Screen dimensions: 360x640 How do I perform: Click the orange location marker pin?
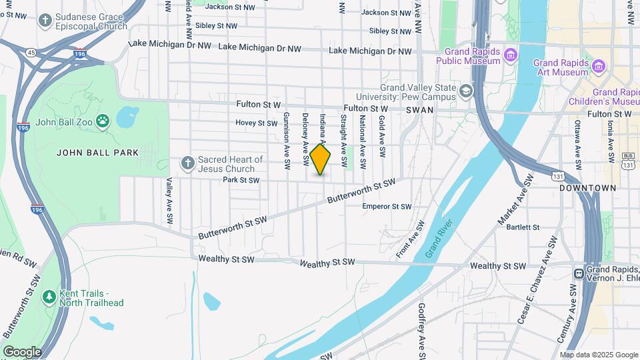point(320,159)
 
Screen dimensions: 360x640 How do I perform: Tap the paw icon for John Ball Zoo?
point(103,121)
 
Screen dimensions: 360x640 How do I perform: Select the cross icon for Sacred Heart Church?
point(188,162)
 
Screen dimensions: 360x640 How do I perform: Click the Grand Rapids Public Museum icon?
point(511,54)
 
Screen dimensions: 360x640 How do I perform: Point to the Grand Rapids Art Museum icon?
point(599,66)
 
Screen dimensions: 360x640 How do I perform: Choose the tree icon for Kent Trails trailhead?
point(48,295)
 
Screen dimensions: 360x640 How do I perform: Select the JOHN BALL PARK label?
point(97,153)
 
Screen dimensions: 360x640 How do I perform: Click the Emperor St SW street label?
point(387,207)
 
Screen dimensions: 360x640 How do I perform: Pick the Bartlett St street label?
point(523,227)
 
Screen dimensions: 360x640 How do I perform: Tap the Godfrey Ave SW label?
point(421,331)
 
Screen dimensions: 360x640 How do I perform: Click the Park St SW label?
point(241,180)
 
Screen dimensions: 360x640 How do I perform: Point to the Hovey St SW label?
point(256,123)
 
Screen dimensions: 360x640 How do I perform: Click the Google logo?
point(22,351)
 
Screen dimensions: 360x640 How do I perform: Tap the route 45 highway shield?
point(31,51)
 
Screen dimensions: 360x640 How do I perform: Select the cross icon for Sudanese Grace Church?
point(45,21)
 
